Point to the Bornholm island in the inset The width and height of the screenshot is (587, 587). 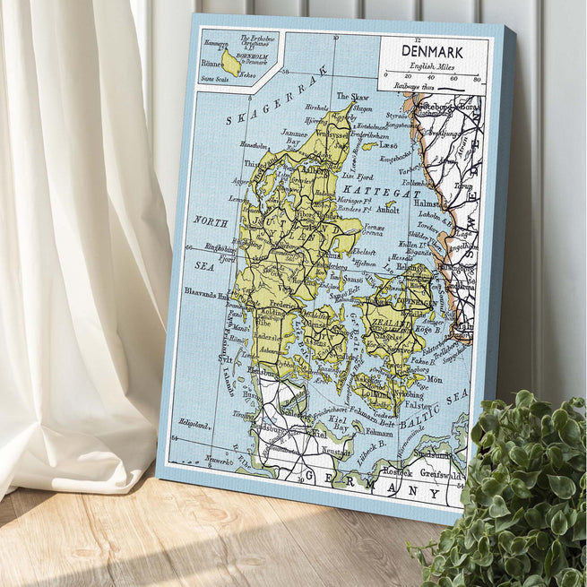[231, 63]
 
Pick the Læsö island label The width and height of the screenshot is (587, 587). [387, 145]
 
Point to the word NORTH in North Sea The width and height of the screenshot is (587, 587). [211, 220]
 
